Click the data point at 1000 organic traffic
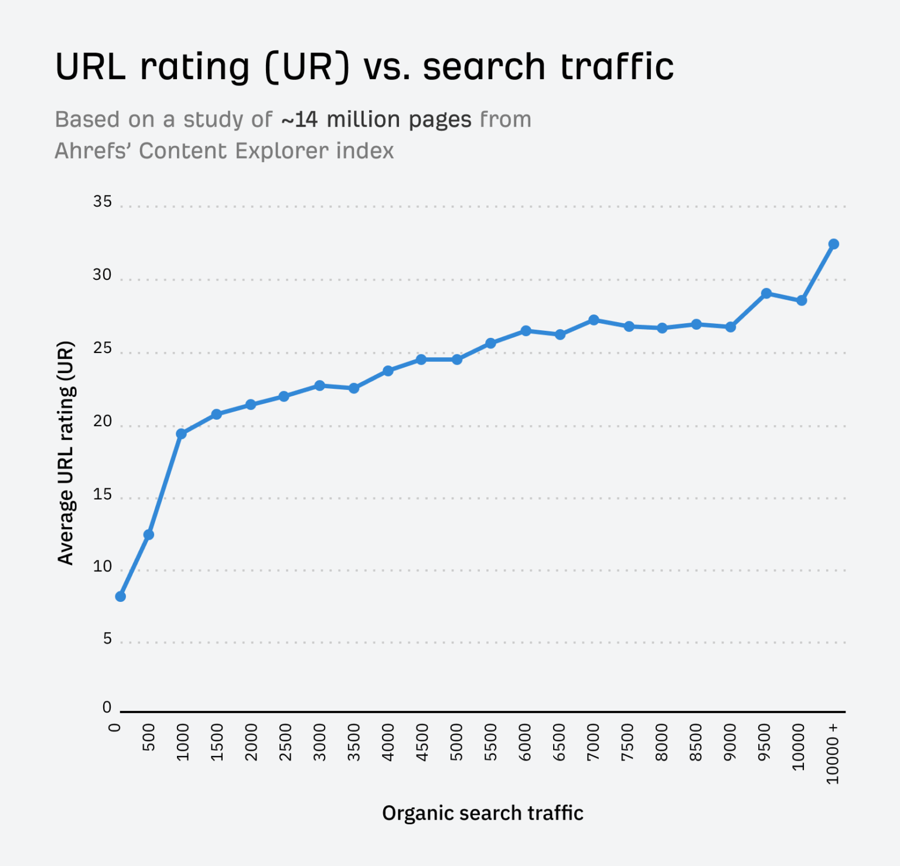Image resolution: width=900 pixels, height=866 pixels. [x=181, y=434]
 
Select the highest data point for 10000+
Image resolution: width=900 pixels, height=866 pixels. [x=833, y=244]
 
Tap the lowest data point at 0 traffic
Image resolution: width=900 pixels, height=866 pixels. [x=121, y=597]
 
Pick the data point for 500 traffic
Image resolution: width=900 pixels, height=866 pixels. [x=149, y=535]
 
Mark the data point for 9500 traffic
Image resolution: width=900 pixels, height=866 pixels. [x=766, y=293]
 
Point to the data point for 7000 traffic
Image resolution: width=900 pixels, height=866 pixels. [x=594, y=320]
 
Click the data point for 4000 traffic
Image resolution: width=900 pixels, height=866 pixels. [x=388, y=371]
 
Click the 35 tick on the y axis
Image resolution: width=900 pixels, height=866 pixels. [x=102, y=201]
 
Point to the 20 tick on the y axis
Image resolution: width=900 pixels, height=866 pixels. [x=102, y=421]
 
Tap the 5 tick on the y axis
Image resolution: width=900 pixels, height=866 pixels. [x=107, y=638]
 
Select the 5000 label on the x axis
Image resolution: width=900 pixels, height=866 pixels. [x=456, y=742]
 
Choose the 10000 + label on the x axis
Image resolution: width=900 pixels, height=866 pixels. [x=833, y=754]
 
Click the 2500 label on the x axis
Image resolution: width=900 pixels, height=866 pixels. [x=285, y=742]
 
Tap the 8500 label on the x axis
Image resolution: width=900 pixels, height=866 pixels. [x=696, y=742]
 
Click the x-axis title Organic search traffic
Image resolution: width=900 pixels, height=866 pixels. [x=483, y=813]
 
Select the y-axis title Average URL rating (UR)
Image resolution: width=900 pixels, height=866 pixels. [x=66, y=453]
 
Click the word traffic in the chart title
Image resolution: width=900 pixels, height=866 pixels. [x=617, y=66]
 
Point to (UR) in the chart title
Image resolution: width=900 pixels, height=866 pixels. [x=307, y=67]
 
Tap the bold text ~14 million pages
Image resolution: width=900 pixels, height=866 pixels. [x=376, y=120]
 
